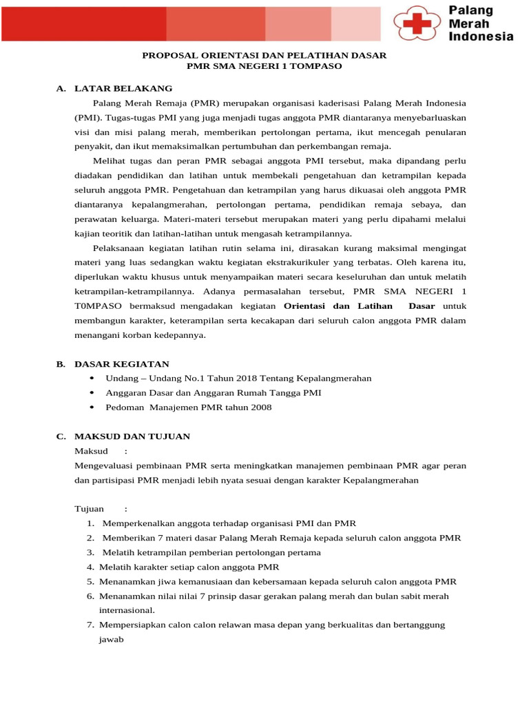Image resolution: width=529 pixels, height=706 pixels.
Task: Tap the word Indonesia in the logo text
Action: pyautogui.click(x=481, y=37)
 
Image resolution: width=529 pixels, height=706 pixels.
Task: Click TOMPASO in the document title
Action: pyautogui.click(x=315, y=65)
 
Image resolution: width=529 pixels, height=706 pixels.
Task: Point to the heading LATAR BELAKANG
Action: pyautogui.click(x=123, y=88)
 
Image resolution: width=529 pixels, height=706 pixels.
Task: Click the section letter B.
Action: pyautogui.click(x=61, y=364)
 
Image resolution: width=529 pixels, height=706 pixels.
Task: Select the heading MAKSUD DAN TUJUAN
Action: pyautogui.click(x=132, y=436)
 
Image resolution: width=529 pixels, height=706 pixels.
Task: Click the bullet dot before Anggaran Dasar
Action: pyautogui.click(x=92, y=393)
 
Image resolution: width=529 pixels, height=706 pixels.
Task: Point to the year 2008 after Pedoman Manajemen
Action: pyautogui.click(x=261, y=407)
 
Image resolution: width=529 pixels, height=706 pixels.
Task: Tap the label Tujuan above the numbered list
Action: pyautogui.click(x=90, y=509)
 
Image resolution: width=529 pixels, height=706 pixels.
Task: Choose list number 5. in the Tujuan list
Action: pyautogui.click(x=90, y=581)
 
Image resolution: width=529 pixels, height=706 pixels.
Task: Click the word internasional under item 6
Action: pyautogui.click(x=127, y=610)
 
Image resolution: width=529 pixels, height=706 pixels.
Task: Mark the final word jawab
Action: pyautogui.click(x=111, y=639)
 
